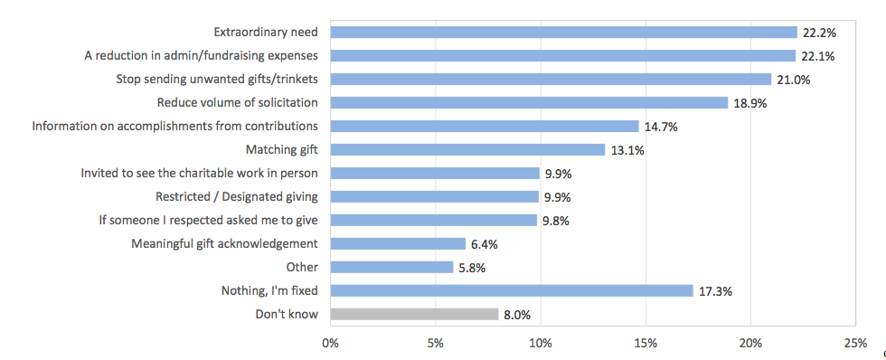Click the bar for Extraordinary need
coord(563,33)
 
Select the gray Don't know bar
coord(414,314)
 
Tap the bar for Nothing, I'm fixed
coord(512,290)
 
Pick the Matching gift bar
coord(467,150)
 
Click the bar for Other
coord(391,267)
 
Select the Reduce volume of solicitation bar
coord(529,103)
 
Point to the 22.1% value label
coord(817,56)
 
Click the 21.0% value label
coord(792,80)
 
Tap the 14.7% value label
coord(660,127)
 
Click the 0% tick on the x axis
coord(331,343)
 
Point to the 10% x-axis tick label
coord(541,343)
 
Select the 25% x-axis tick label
coord(854,343)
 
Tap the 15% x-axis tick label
coord(646,343)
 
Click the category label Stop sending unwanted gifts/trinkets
coord(218,80)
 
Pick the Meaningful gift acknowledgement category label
coord(224,243)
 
